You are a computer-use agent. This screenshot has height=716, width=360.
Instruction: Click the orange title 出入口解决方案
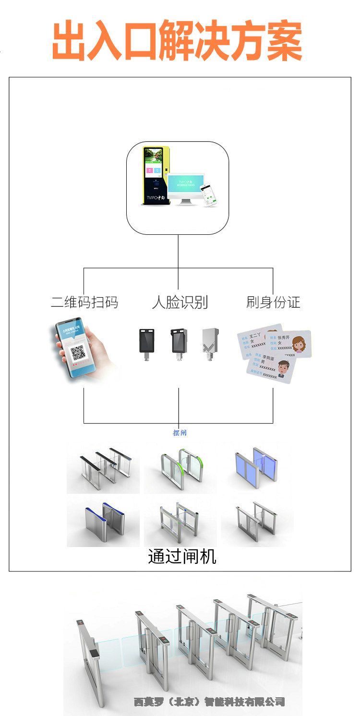(x=177, y=41)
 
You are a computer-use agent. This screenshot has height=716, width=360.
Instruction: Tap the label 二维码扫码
(x=84, y=302)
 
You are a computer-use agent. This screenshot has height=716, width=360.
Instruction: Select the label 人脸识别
(x=180, y=302)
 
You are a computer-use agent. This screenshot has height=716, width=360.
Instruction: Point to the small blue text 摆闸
(x=180, y=433)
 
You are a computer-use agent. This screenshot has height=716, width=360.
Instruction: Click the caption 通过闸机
(x=182, y=556)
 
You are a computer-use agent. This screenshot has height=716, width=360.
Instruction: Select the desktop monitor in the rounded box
(x=186, y=187)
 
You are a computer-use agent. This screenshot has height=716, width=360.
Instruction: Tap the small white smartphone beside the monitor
(x=208, y=194)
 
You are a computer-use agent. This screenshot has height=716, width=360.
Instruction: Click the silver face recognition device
(x=210, y=342)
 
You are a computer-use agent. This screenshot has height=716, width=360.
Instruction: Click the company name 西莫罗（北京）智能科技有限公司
(x=209, y=702)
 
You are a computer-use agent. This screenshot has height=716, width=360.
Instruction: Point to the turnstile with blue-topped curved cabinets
(x=103, y=522)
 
